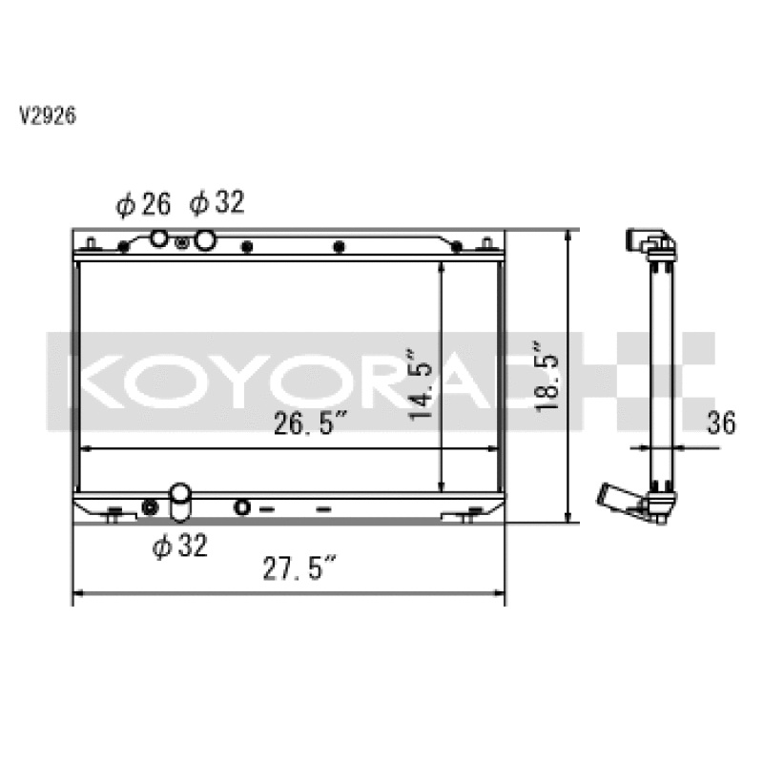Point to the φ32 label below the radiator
click(x=179, y=546)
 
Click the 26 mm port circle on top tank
click(x=160, y=239)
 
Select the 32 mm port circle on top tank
click(x=203, y=239)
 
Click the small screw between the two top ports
click(x=182, y=243)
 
